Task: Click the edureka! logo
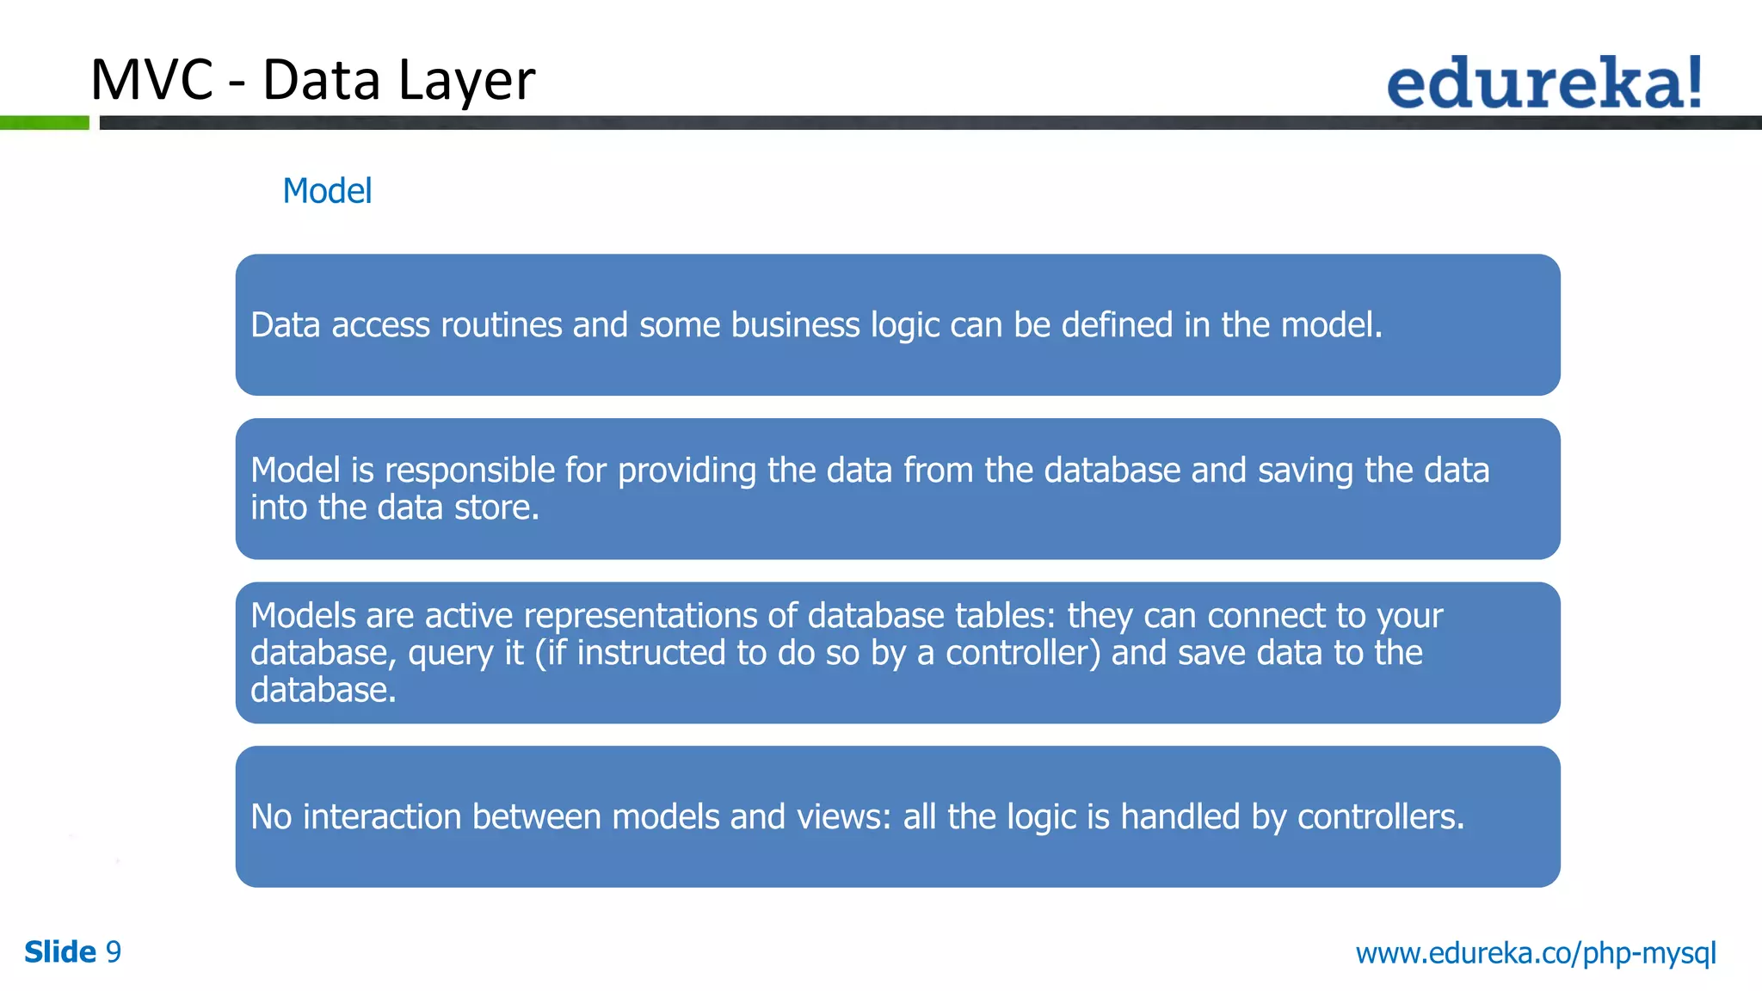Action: [1543, 83]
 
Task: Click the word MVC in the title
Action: [151, 80]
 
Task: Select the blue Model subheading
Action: [327, 191]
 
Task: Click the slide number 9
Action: [113, 952]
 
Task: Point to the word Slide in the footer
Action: [60, 952]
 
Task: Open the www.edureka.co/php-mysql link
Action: [1536, 953]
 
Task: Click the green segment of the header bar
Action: [44, 123]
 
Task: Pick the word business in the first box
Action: [795, 325]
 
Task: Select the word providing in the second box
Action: [687, 471]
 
